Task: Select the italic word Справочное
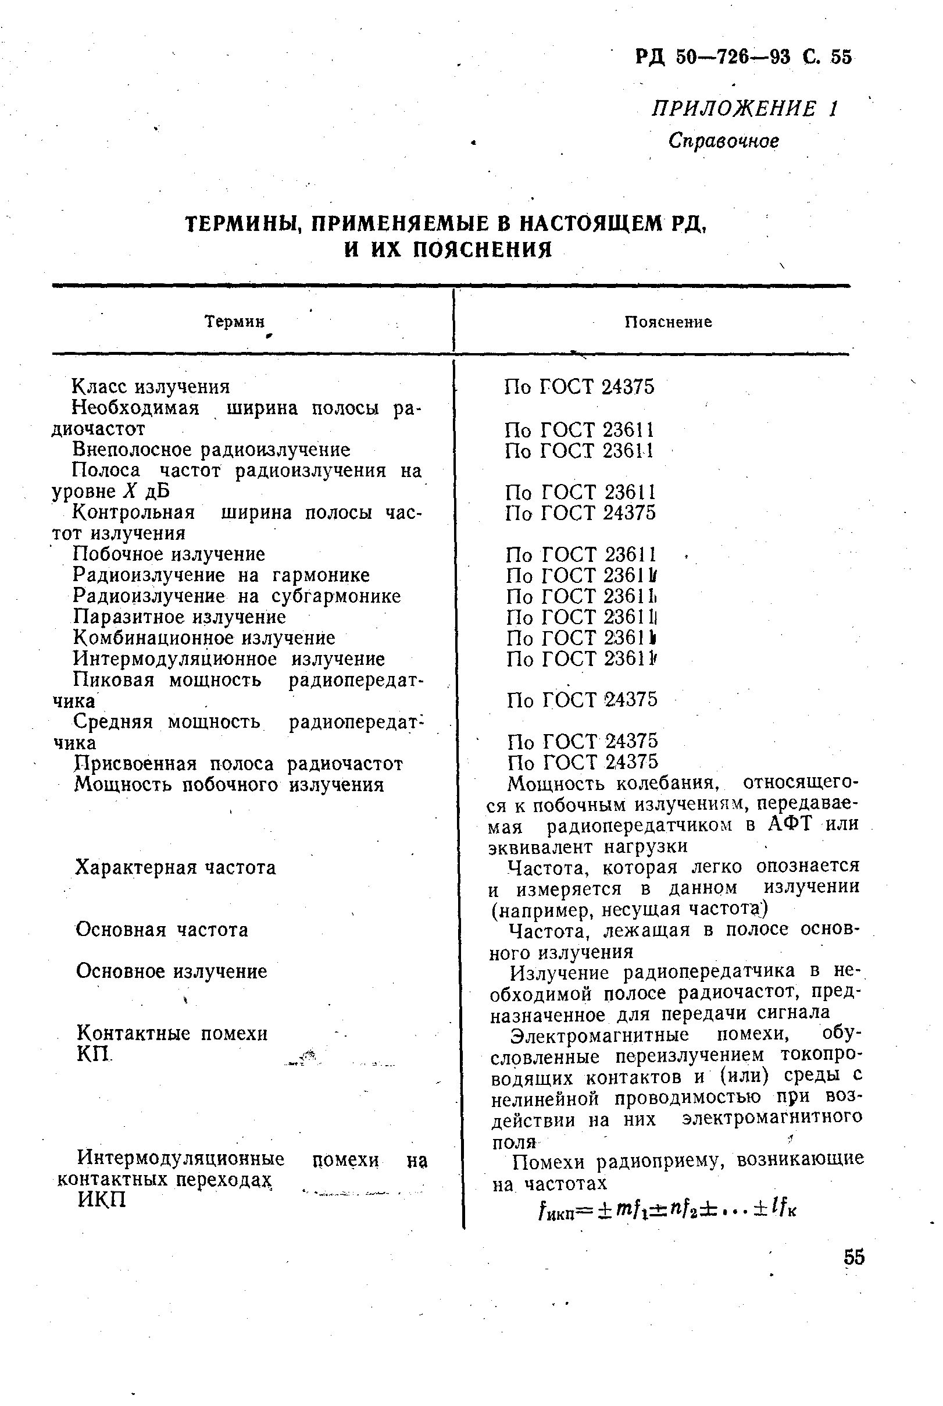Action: point(723,141)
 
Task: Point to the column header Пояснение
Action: point(667,322)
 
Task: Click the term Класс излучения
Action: point(151,386)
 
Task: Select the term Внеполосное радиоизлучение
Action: point(211,450)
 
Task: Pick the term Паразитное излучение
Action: point(179,617)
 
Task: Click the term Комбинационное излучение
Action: point(204,638)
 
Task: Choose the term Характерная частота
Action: point(176,867)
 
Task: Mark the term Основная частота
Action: point(162,930)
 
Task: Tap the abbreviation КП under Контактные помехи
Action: point(94,1054)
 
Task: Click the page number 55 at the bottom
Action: point(854,1258)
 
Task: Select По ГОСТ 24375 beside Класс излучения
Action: point(578,387)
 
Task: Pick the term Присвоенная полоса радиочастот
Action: point(238,764)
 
